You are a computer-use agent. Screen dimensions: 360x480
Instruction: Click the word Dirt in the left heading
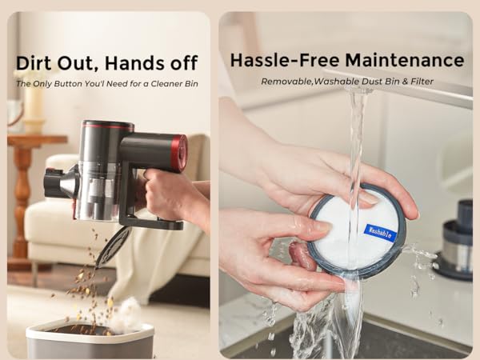(35, 63)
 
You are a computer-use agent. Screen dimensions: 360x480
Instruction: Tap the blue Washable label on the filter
(380, 232)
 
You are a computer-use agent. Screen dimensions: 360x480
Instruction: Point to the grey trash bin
(90, 339)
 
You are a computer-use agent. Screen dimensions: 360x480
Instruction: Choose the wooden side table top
(37, 138)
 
